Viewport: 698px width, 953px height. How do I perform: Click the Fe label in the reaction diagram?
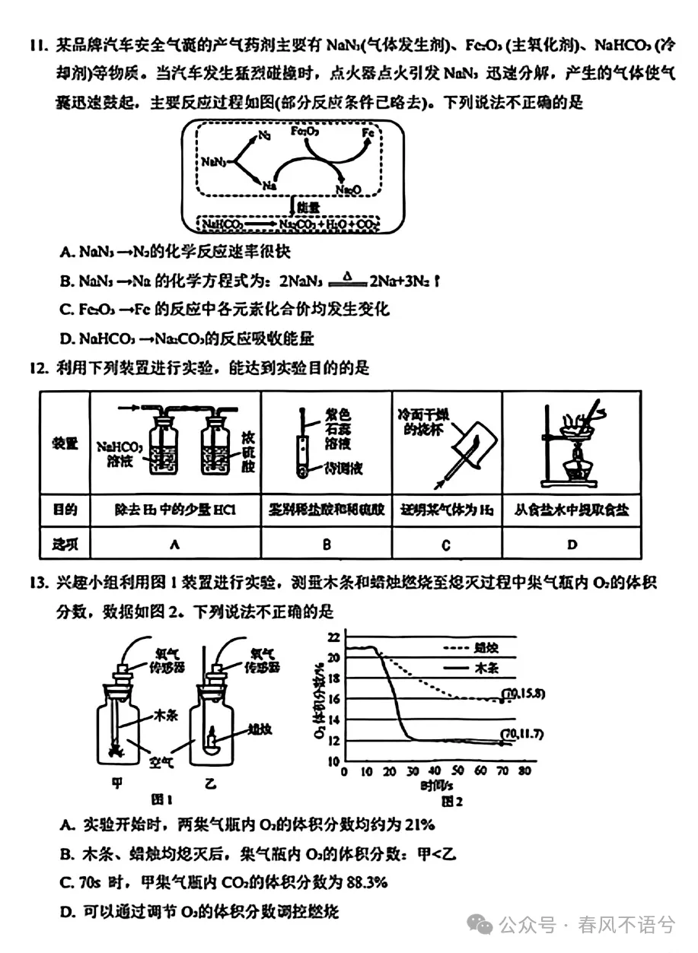pyautogui.click(x=368, y=133)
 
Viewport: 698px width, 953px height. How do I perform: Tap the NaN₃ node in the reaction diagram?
pyautogui.click(x=214, y=161)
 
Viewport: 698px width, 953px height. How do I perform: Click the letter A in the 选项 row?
pyautogui.click(x=174, y=544)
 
